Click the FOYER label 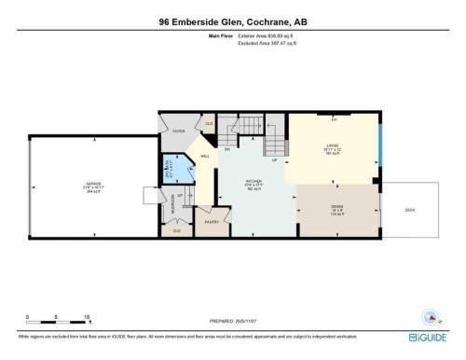178,132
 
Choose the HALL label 205,156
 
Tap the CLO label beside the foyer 209,123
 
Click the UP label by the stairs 275,160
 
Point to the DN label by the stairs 226,148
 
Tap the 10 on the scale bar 87,317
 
